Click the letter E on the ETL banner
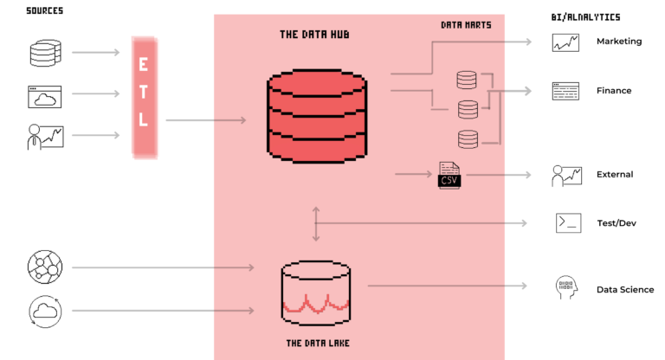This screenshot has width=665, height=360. [144, 65]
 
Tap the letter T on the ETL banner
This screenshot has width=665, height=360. [144, 92]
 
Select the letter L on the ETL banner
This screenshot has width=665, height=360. [144, 119]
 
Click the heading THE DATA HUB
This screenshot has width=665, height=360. [314, 35]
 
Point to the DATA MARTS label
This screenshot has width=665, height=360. [466, 25]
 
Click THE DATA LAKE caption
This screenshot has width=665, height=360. [318, 344]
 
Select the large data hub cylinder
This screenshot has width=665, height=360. [317, 116]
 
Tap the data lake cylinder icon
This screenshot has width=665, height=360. [316, 292]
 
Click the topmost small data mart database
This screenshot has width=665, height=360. [467, 80]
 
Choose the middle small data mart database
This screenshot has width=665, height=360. [468, 109]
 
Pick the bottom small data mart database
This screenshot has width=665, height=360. [468, 138]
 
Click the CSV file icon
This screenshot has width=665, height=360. [449, 175]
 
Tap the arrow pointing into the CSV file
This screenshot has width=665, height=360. [413, 174]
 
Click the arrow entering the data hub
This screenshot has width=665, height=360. [229, 120]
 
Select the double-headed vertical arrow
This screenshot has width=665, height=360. [316, 223]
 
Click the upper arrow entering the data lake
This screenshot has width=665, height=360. [234, 267]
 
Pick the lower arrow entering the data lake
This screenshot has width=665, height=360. [234, 310]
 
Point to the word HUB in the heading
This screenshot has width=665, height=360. [339, 35]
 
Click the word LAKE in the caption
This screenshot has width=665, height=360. [335, 344]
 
